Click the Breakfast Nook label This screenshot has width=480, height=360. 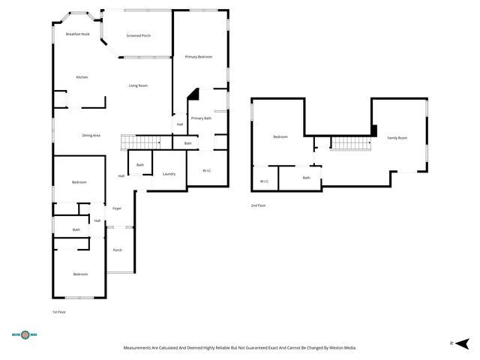pos(78,34)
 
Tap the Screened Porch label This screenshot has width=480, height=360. pos(139,35)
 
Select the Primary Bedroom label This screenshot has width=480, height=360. pos(199,57)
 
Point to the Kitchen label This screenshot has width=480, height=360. pos(82,77)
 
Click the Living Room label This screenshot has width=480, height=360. pos(138,85)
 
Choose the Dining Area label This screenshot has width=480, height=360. pos(91,135)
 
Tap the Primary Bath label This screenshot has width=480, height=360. pos(201,118)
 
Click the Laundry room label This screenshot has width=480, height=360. pos(169,174)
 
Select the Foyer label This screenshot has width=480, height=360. pos(117,208)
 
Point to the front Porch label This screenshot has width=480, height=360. pos(118,250)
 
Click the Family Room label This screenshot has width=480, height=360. pos(397,138)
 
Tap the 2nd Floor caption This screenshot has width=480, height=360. pos(258,205)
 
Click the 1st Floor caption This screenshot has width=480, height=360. pos(59,312)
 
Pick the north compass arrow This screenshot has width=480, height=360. pos(462,343)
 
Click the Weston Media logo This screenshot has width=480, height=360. pos(25,334)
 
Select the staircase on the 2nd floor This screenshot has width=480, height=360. pos(351,143)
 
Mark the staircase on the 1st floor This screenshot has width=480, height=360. pos(140,142)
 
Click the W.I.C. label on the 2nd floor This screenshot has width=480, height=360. pos(265,181)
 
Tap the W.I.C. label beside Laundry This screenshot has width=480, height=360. pos(207,170)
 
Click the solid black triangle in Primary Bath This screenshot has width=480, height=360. pos(195,95)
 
